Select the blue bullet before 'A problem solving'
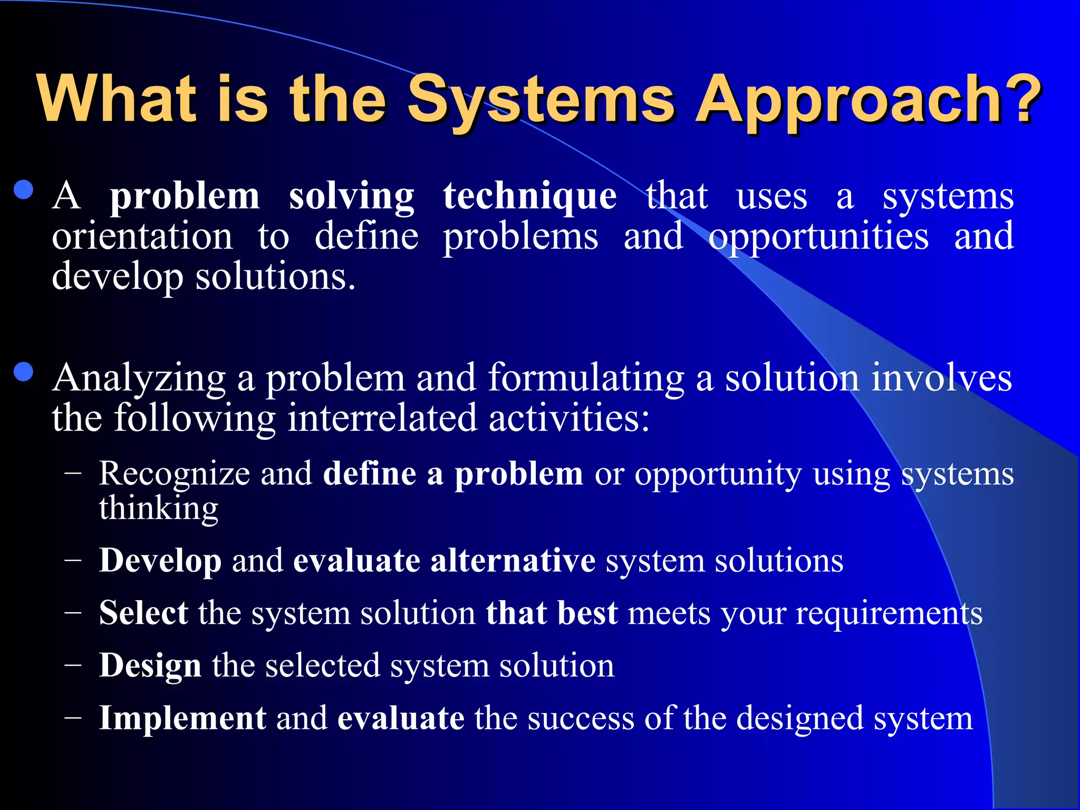click(24, 190)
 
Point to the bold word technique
click(529, 197)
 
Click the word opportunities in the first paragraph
click(818, 237)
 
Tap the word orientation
click(142, 236)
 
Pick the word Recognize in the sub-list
click(175, 473)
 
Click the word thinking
click(158, 509)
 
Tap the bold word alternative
click(513, 560)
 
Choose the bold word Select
click(143, 613)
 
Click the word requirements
click(889, 614)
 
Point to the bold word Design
click(150, 666)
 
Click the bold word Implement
click(182, 718)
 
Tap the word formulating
click(586, 379)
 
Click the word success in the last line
click(580, 718)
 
